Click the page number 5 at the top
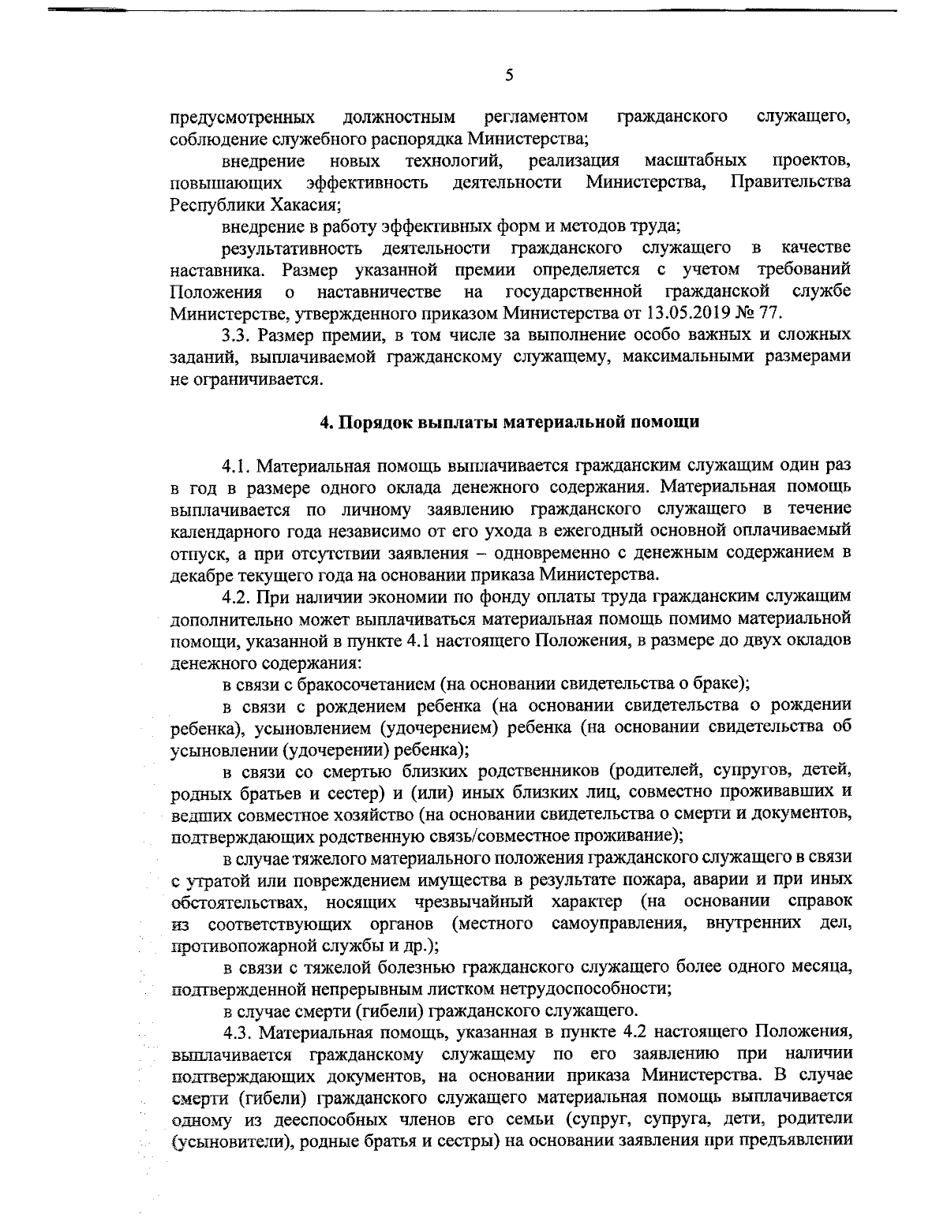(508, 76)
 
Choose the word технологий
(455, 161)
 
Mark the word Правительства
(792, 182)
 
